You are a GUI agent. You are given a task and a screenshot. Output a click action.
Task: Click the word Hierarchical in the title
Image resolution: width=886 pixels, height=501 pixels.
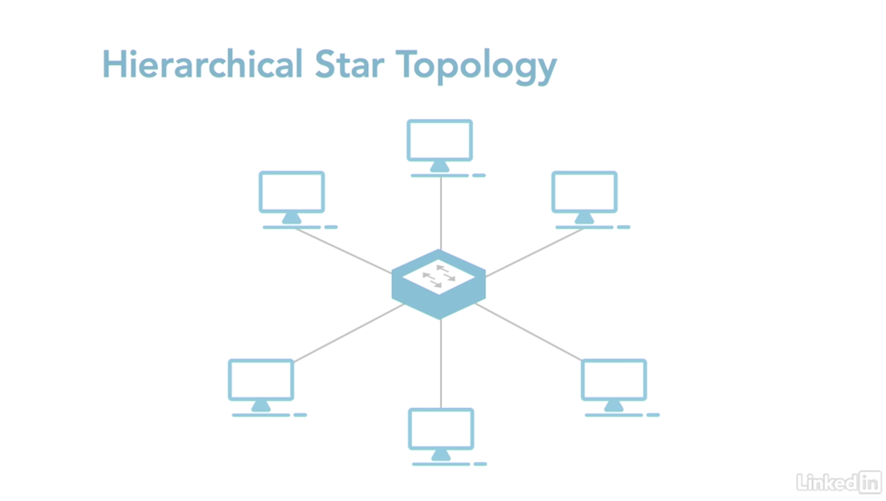tap(202, 65)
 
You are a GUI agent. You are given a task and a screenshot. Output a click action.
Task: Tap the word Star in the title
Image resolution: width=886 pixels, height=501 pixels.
tap(349, 65)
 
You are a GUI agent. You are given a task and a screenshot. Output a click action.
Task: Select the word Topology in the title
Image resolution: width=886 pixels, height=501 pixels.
tap(476, 65)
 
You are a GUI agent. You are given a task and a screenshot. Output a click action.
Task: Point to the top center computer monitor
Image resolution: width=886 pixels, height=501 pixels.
tap(440, 140)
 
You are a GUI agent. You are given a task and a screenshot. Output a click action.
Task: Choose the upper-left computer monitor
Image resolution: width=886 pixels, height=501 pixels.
tap(292, 192)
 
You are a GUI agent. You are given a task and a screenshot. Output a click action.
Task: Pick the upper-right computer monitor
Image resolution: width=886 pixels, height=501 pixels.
tap(584, 192)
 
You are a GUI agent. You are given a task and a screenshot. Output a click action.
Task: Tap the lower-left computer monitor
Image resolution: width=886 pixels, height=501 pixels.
tap(261, 380)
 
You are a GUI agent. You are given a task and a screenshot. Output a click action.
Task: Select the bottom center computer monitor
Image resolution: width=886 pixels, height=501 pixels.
tap(441, 429)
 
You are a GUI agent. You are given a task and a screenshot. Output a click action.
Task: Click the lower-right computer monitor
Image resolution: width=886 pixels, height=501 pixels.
tap(614, 380)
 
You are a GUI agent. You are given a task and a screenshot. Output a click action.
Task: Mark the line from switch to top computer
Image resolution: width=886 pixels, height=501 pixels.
tap(441, 213)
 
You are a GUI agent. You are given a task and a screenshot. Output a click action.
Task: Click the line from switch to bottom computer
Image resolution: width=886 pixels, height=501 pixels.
tap(441, 364)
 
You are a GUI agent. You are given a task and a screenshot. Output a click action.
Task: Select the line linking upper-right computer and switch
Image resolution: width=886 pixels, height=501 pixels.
tap(534, 253)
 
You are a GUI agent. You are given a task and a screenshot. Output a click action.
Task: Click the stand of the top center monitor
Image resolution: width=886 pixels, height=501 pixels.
tap(440, 167)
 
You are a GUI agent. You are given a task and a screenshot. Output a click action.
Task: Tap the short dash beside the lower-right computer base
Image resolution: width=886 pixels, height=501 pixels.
tap(653, 415)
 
